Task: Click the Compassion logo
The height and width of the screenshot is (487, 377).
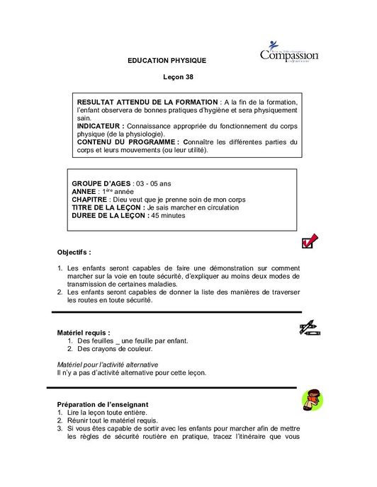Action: pos(289,54)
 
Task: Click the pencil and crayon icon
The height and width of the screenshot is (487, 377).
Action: pos(310,328)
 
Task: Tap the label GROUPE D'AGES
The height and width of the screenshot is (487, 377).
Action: pos(101,183)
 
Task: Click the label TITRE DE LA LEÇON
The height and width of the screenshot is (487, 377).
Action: pos(109,207)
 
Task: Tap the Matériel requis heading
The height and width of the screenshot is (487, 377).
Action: pos(83,332)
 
